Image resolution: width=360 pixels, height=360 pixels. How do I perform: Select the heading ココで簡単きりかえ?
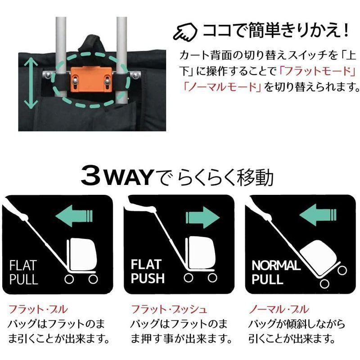276,31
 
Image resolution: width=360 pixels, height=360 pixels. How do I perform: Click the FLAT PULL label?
24,271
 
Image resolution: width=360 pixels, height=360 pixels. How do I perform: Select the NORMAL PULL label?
275,272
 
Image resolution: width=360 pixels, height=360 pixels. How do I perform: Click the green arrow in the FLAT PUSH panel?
202,216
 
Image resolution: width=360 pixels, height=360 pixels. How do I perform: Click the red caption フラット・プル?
38,309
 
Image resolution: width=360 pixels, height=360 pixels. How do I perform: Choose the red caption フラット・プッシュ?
169,309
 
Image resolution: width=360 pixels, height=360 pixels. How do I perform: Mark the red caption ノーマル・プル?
279,309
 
